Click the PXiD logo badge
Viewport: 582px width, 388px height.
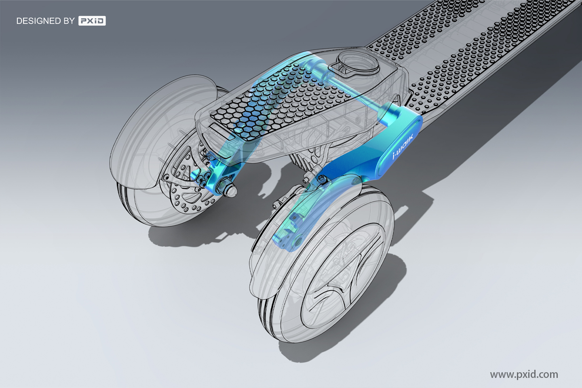(x=92, y=21)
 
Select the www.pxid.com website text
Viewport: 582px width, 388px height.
(x=524, y=374)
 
